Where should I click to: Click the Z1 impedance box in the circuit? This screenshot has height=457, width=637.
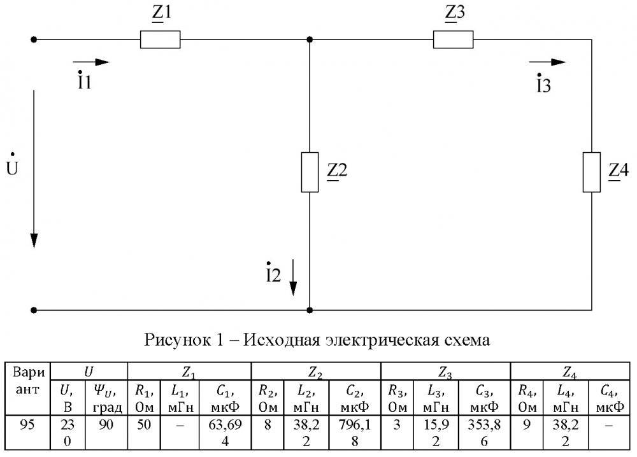point(160,39)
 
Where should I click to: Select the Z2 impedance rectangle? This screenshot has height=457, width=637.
point(310,172)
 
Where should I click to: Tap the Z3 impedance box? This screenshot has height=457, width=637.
point(453,39)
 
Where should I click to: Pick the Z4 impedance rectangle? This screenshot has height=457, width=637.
point(592,172)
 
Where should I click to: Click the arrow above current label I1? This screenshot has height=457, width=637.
point(91,62)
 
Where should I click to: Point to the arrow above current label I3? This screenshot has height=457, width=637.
point(548,62)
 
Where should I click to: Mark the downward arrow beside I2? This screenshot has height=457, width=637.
point(293,278)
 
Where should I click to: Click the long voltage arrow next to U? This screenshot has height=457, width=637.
point(34,169)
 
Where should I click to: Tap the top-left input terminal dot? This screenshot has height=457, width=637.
point(34,39)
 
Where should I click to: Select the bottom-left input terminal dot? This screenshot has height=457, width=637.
point(34,310)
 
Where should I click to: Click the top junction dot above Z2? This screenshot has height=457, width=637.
point(310,39)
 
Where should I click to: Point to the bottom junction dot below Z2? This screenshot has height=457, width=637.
point(310,310)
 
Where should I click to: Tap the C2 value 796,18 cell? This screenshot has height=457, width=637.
point(355,432)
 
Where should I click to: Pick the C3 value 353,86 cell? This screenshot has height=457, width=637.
point(484,432)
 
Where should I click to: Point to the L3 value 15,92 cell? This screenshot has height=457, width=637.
point(436,432)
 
